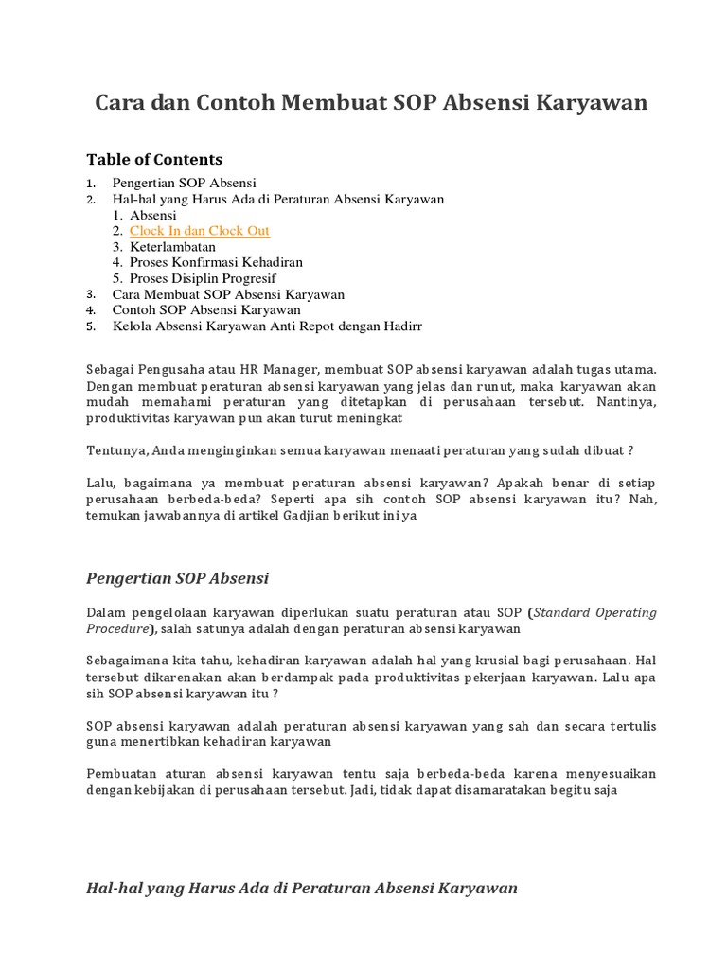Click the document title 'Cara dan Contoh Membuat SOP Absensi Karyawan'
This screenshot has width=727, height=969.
click(371, 103)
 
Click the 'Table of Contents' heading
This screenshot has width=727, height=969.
click(154, 159)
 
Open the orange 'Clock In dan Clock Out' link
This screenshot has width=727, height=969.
click(200, 231)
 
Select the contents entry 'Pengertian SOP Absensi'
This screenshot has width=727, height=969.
click(185, 183)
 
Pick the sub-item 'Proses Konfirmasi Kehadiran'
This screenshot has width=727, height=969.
click(216, 262)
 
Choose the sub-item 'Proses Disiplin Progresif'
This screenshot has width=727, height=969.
click(203, 278)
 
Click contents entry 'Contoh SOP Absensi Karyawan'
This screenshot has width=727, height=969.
click(206, 310)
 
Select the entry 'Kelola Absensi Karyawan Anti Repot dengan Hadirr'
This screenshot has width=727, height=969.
click(267, 326)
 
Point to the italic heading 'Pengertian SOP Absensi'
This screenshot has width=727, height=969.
click(178, 578)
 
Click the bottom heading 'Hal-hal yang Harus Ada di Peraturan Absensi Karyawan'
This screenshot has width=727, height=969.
click(302, 888)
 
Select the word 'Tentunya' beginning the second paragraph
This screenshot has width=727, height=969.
click(116, 450)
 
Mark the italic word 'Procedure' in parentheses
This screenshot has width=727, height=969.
click(116, 628)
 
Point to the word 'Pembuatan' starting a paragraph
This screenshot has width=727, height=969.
click(118, 774)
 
